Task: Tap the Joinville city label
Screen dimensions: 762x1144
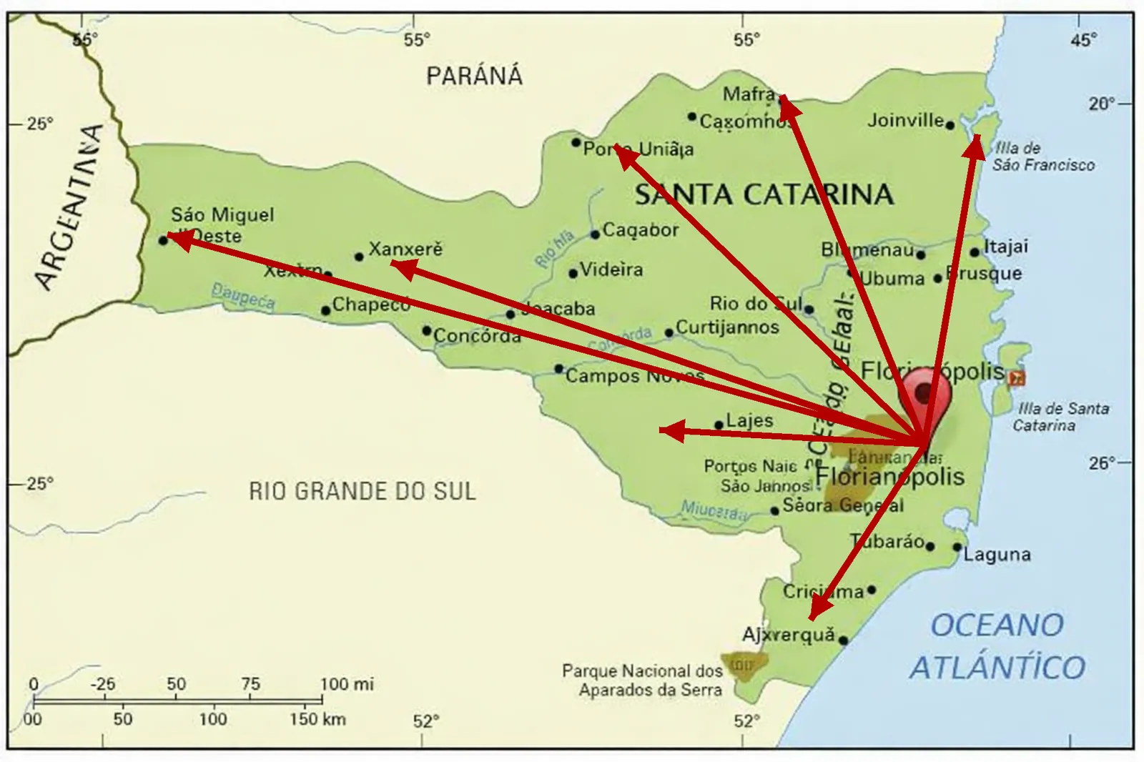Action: pos(905,120)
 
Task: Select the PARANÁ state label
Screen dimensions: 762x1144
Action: pos(474,76)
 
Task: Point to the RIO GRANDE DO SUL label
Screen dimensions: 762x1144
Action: pos(362,491)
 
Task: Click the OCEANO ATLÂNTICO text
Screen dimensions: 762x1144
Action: pos(997,646)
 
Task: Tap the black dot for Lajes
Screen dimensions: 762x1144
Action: pos(719,425)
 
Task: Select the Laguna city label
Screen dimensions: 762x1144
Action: pos(997,555)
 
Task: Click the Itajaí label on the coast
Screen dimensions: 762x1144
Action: pos(1006,247)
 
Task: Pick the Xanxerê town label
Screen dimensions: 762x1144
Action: pos(405,249)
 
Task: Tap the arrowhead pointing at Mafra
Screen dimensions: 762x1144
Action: pos(788,108)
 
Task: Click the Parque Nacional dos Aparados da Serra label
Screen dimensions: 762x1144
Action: pos(641,681)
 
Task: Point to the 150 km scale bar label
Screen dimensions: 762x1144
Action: pos(317,718)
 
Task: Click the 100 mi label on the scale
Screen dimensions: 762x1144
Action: pos(347,684)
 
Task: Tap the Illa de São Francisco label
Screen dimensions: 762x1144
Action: pos(1042,157)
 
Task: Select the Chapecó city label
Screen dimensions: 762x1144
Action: pos(371,305)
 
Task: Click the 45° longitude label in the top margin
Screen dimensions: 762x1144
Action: pos(1083,40)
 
